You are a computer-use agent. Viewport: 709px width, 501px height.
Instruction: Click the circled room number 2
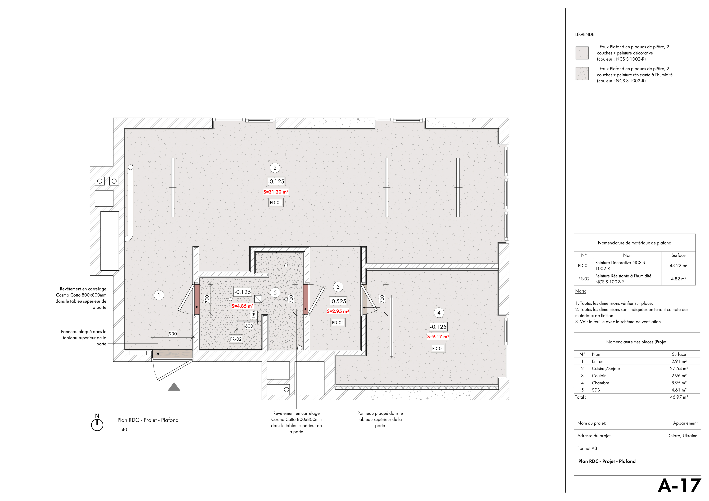(275, 168)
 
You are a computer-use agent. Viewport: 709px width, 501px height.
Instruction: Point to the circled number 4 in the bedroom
(439, 313)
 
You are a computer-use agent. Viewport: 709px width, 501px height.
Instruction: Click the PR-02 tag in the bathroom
(236, 339)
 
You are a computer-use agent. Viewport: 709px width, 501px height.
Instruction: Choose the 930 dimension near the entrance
(173, 334)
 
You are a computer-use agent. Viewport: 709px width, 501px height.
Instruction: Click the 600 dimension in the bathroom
(249, 326)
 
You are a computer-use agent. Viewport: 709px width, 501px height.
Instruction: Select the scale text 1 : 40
(121, 430)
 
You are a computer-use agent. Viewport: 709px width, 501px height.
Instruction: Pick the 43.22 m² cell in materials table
(678, 266)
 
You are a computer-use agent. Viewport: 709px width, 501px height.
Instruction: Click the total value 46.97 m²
(679, 397)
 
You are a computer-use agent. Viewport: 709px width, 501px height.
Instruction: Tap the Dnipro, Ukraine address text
(682, 436)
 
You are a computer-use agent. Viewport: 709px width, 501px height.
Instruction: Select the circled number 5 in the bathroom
(275, 293)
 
